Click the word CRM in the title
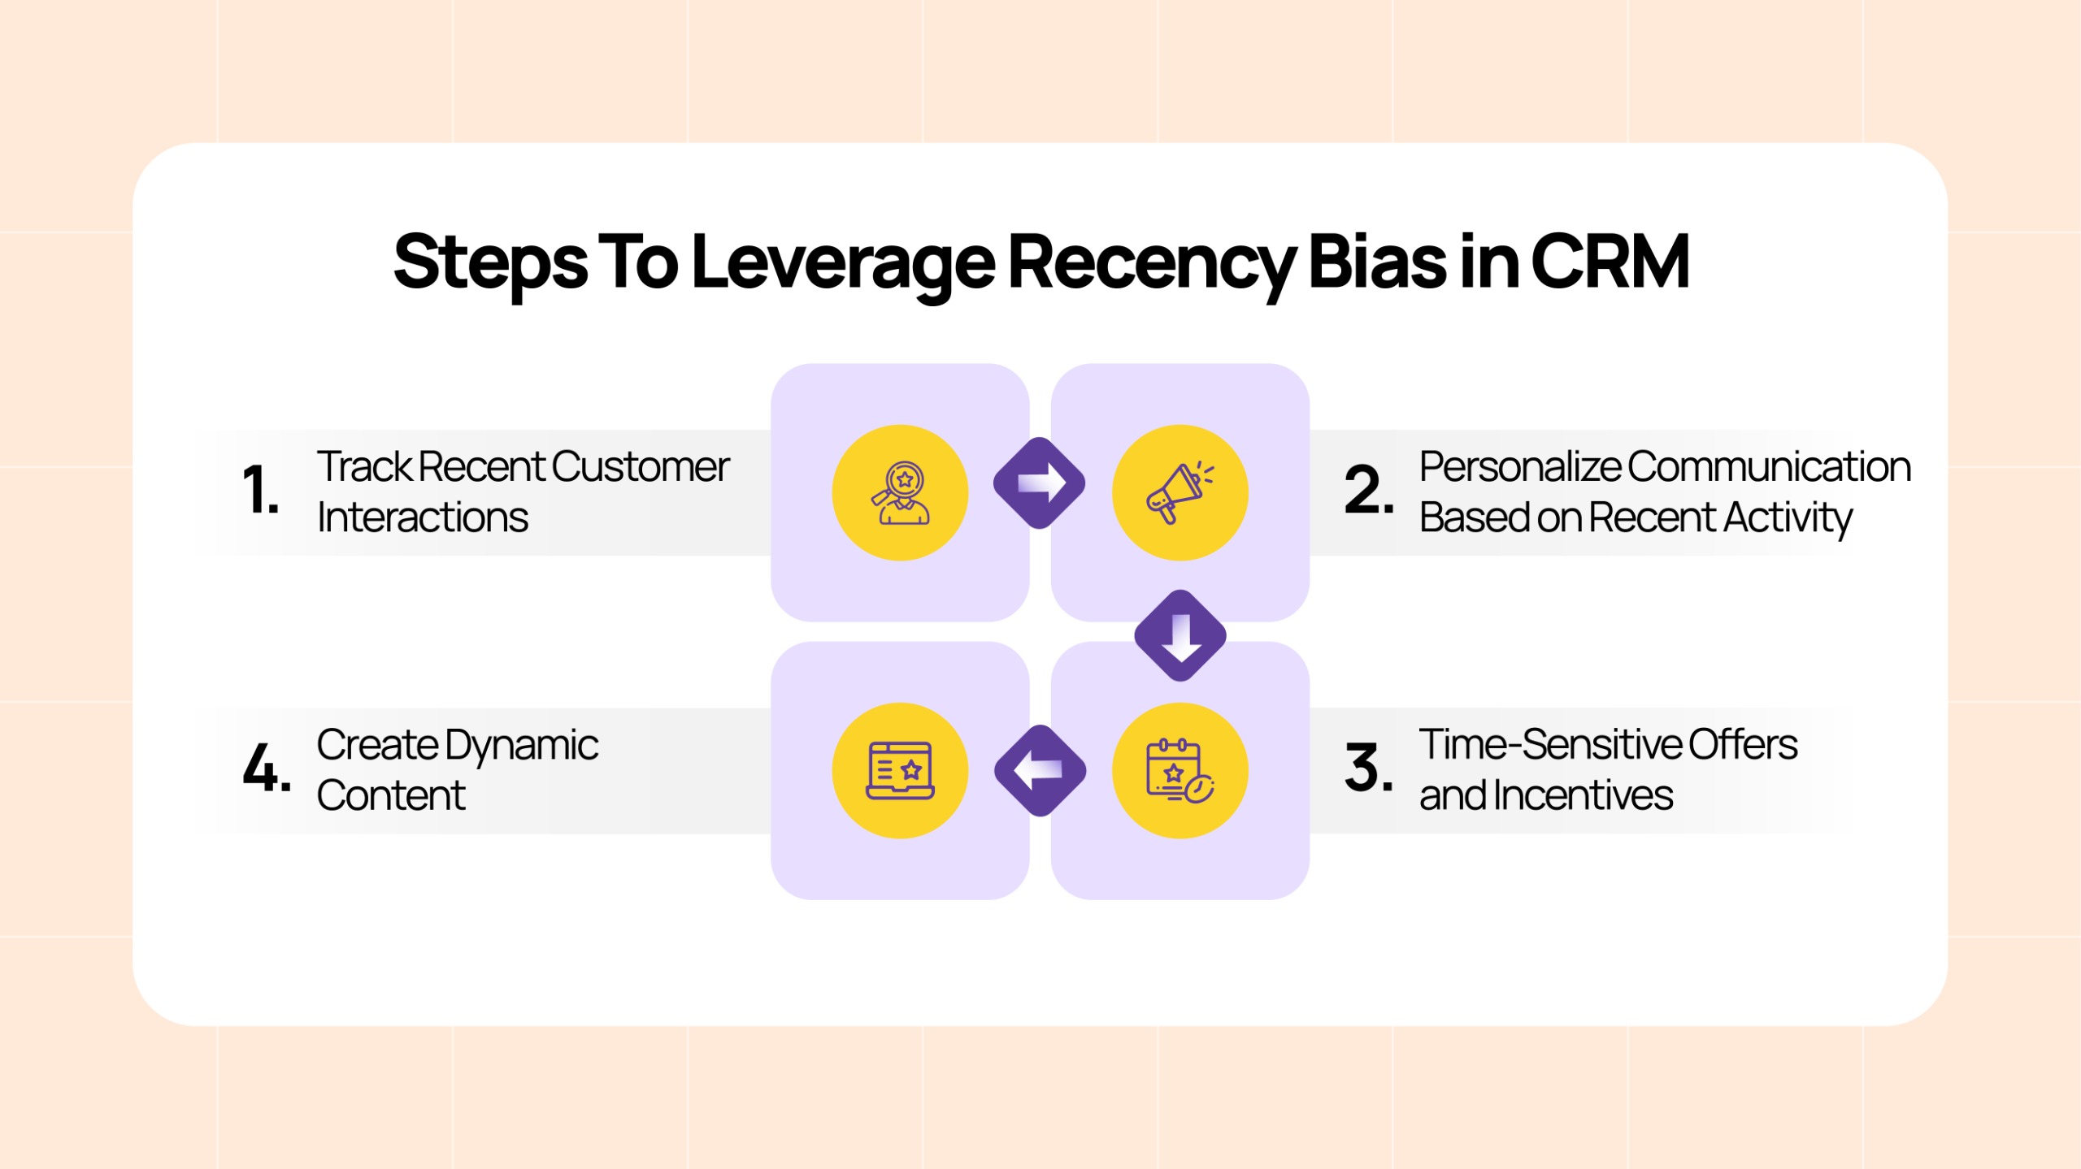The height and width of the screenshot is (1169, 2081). [x=1610, y=262]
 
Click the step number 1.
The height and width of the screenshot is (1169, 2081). [x=261, y=490]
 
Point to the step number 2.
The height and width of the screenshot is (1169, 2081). [x=1370, y=490]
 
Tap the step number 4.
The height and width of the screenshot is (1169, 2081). [x=267, y=768]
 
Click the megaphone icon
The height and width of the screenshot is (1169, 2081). [x=1180, y=493]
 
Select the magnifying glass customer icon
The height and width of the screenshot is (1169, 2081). [x=901, y=493]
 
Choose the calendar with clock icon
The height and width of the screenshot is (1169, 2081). [x=1180, y=771]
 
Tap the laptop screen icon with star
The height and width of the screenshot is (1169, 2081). [x=901, y=771]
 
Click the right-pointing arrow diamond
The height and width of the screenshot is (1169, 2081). [x=1040, y=483]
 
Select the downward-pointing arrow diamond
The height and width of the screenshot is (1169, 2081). [x=1180, y=635]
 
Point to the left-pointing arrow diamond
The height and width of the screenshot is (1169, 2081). [x=1040, y=770]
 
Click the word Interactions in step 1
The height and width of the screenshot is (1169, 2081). [x=423, y=517]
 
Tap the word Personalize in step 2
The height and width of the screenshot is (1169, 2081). [x=1520, y=467]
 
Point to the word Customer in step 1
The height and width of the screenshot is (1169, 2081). [x=641, y=467]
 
